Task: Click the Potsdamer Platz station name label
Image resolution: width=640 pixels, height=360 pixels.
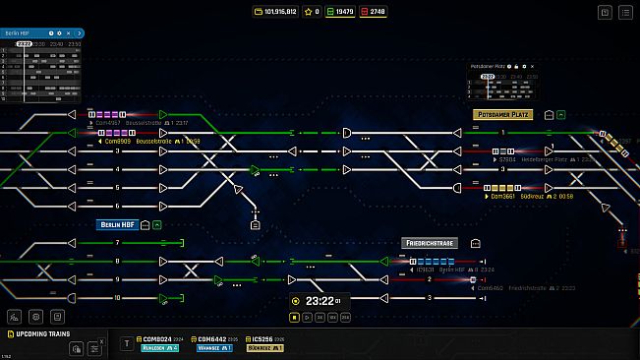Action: point(502,114)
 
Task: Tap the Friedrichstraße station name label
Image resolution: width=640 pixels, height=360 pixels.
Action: point(430,242)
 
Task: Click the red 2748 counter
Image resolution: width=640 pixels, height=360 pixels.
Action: point(374,12)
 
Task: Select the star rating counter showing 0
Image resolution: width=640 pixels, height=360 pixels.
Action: point(312,12)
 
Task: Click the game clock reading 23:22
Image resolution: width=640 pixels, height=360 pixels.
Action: point(320,301)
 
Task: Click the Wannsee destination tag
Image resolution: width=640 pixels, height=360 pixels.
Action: point(208,347)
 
